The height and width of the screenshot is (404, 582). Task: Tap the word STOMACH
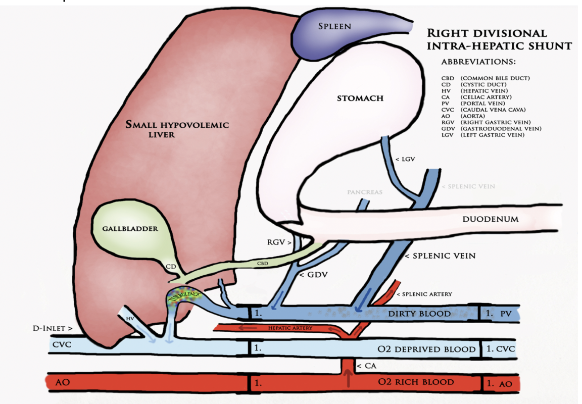[x=360, y=98]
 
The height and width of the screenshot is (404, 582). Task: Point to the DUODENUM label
[x=491, y=219]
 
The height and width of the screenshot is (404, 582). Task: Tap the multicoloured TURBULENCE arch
[x=184, y=296]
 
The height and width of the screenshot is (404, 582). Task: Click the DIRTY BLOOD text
[x=419, y=314]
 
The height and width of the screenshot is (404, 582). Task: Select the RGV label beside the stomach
[x=278, y=242]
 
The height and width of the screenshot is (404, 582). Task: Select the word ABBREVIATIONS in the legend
[x=478, y=62]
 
